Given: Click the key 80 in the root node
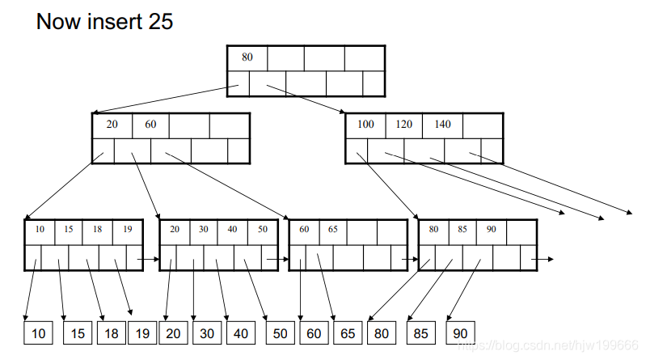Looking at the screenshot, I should point(247,58).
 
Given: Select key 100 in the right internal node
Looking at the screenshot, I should point(365,125).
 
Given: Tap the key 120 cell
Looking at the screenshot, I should point(403,125).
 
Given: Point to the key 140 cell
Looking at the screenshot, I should point(442,125).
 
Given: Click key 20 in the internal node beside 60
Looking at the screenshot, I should point(112,125).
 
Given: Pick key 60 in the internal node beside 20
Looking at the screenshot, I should point(150,125).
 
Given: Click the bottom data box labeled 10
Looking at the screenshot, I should point(38,332).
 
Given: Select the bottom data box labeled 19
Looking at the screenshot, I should point(141,332).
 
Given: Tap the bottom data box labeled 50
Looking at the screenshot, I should point(281,332).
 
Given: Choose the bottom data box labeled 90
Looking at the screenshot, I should point(459,332).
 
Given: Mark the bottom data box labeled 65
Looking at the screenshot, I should point(348,332).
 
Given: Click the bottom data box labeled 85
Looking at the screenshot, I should point(420,332).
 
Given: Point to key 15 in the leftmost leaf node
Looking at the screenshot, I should point(69,229).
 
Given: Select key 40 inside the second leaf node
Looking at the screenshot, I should point(233,229).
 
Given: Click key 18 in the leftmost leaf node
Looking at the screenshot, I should point(97,229).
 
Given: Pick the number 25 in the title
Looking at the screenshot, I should point(160,21).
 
